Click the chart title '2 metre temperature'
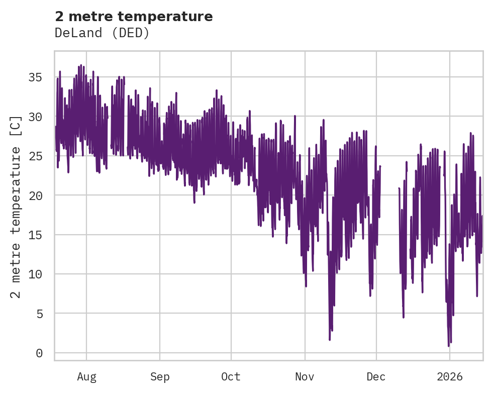click(x=134, y=17)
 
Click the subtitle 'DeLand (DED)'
click(x=102, y=33)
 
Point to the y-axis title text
click(x=16, y=207)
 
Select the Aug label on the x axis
click(x=86, y=377)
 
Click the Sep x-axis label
click(x=160, y=377)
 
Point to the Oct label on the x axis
click(x=231, y=377)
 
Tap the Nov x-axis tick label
click(x=305, y=377)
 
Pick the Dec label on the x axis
click(x=376, y=377)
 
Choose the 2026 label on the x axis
click(x=449, y=377)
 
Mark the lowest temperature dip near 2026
click(x=449, y=346)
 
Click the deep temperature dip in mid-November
click(x=330, y=340)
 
